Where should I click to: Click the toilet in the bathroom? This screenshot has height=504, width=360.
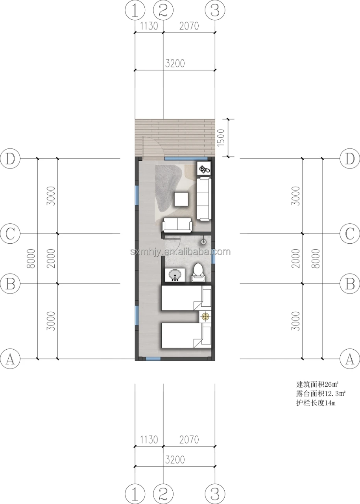click(198, 272)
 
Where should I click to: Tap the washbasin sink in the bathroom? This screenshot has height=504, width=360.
click(175, 275)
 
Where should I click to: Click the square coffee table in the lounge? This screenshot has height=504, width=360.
click(181, 199)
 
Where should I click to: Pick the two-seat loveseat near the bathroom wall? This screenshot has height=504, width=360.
click(177, 225)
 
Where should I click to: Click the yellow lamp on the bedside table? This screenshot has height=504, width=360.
click(205, 316)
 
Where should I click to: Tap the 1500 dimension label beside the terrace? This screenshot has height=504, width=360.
click(221, 137)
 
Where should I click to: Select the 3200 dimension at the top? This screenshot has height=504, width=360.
click(175, 64)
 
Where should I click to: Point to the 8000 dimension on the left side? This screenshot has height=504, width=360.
click(31, 259)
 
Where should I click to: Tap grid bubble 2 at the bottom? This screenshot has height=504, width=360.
click(163, 494)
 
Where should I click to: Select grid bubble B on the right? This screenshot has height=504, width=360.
click(350, 283)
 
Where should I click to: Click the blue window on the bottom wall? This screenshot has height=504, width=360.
click(153, 359)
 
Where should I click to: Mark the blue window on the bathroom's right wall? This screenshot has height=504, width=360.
click(214, 256)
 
